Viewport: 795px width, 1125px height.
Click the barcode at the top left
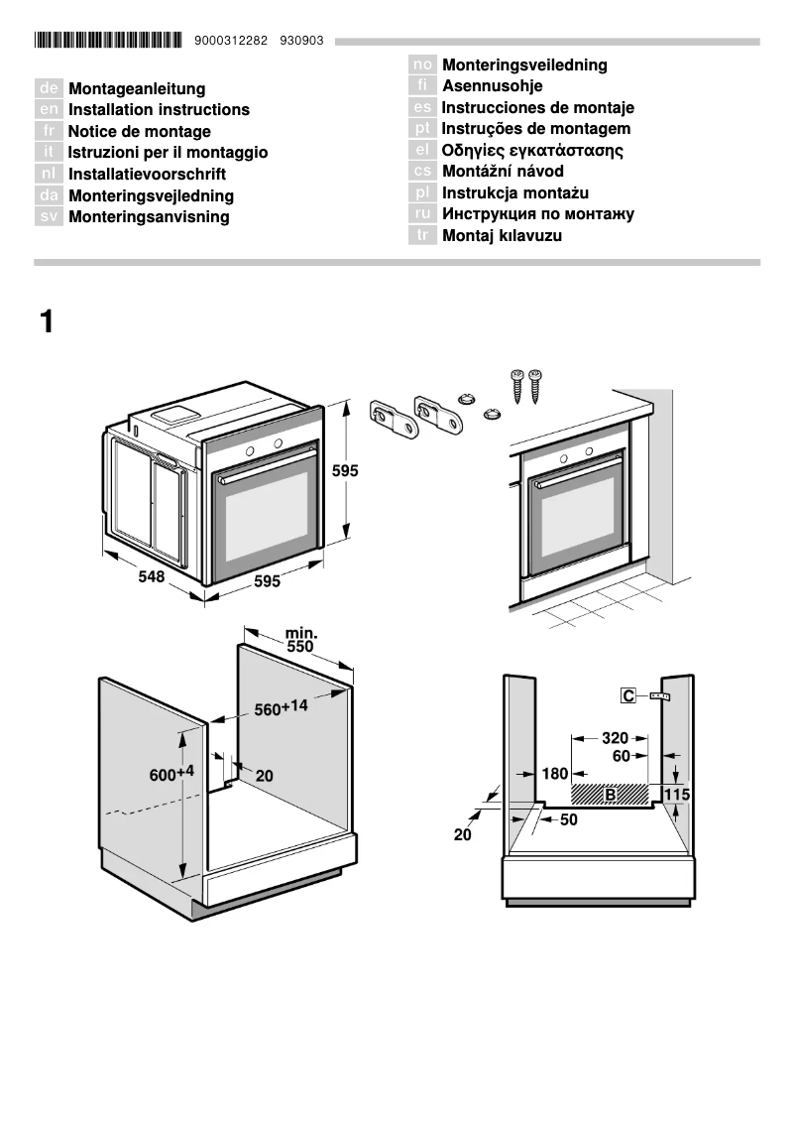pos(108,41)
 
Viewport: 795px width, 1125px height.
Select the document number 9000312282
pos(232,41)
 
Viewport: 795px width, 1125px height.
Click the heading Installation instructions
pos(159,110)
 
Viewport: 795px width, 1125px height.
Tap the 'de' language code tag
pos(50,89)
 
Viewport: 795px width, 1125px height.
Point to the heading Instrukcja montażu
pos(514,193)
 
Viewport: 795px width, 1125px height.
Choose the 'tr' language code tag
pos(422,236)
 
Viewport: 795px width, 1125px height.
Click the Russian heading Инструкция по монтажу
pos(537,214)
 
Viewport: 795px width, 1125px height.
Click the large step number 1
pos(46,322)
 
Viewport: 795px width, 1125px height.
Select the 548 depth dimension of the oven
pos(151,576)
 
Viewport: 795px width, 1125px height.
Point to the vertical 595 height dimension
pos(344,471)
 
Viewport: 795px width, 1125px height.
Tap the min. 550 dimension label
pos(299,640)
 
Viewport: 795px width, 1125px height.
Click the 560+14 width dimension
pos(282,708)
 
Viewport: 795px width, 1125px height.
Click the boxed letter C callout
pos(628,696)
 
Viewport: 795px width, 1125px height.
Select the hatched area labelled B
pos(610,794)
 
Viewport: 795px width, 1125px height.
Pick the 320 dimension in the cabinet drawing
pos(615,738)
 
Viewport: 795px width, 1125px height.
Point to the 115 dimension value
pos(676,795)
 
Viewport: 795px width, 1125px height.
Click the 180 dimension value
pos(554,774)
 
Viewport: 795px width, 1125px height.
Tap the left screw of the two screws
pos(517,385)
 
